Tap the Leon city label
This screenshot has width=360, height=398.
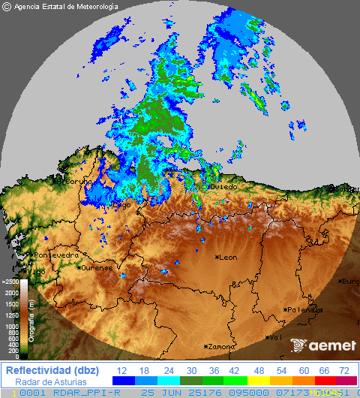tap(227, 258)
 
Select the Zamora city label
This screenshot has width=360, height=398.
tap(220, 347)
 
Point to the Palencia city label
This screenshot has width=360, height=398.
tap(304, 309)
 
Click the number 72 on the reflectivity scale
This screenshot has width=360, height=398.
tap(343, 371)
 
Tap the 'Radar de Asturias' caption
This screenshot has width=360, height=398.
tap(50, 381)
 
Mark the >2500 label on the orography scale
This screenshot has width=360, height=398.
tap(10, 282)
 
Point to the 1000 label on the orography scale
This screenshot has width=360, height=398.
tap(13, 327)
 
